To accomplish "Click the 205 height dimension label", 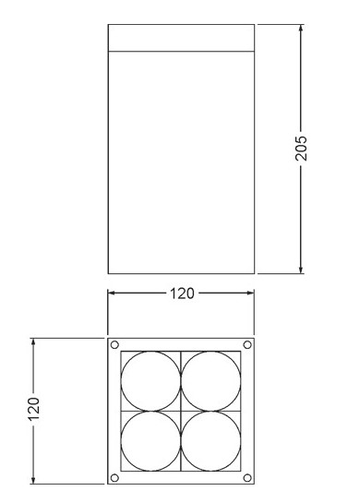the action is [x=301, y=148].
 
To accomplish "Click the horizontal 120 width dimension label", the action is [x=182, y=293].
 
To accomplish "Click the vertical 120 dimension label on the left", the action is [x=33, y=409].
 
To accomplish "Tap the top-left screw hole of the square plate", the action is [x=114, y=345].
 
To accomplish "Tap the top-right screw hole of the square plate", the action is [x=247, y=345].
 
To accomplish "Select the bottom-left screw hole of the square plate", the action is [x=114, y=478].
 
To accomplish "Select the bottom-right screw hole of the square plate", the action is [x=247, y=478].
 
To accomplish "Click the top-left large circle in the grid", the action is [x=121, y=381].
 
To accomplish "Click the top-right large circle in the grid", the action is [x=181, y=381].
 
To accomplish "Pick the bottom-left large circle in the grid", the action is [x=121, y=441].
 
